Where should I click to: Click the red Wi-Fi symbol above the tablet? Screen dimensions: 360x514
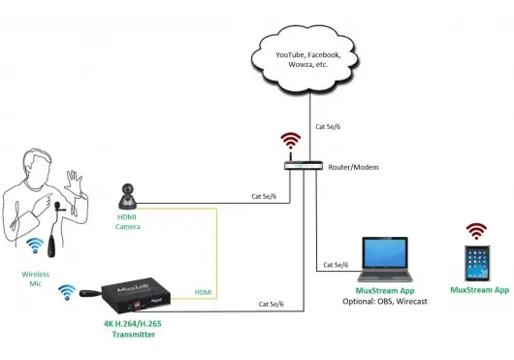[476, 230]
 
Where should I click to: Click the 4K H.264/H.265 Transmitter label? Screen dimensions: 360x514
[130, 329]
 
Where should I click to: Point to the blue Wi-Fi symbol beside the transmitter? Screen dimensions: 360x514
[66, 290]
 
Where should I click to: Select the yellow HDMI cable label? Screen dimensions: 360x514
[204, 292]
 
